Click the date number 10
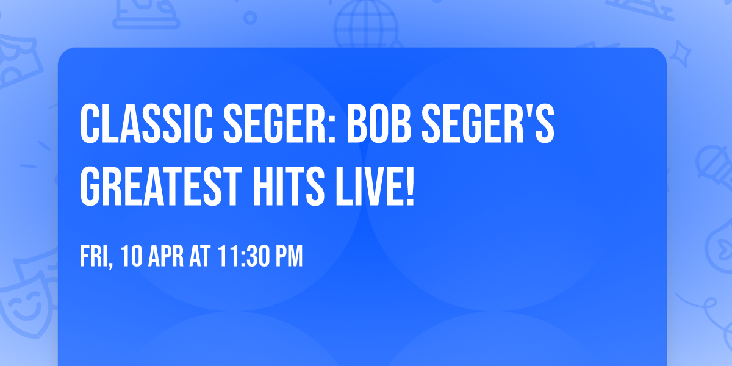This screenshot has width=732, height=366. click(x=134, y=256)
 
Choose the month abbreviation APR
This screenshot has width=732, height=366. click(x=167, y=256)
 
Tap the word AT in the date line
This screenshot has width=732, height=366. click(x=200, y=256)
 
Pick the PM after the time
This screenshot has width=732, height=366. click(x=287, y=256)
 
